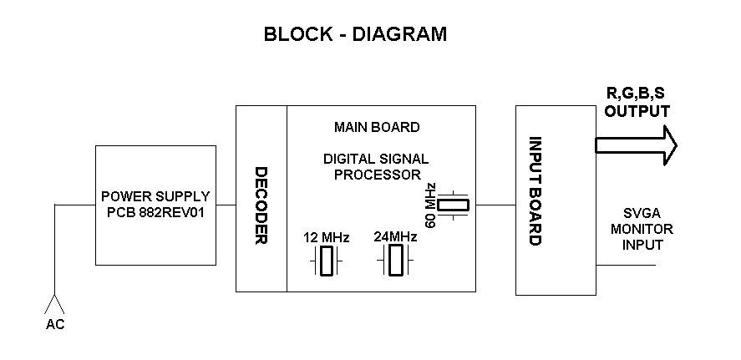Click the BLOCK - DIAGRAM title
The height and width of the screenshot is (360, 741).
point(355,34)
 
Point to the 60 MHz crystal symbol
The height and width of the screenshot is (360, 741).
point(454,205)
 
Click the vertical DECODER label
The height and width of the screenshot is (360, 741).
point(261,205)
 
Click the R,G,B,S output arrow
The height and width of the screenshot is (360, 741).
point(635,145)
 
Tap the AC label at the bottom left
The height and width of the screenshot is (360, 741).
point(54,325)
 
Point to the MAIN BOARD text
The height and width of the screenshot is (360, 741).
point(377,128)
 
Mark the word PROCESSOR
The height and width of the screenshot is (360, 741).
point(378,175)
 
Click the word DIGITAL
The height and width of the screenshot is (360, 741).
point(352,159)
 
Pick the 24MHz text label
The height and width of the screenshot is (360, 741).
point(395,236)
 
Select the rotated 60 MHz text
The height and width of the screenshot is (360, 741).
point(430,204)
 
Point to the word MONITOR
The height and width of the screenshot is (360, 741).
point(642,229)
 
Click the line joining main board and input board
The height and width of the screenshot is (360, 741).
point(495,205)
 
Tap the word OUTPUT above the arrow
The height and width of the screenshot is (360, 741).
point(637,111)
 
